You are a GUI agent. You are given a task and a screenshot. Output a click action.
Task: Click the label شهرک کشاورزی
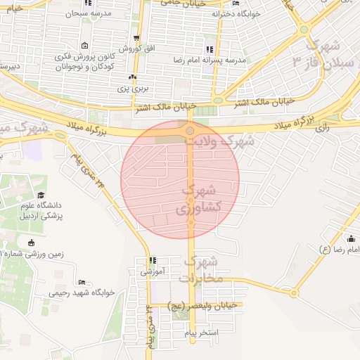201,199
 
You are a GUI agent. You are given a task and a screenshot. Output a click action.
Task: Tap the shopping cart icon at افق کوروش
136,39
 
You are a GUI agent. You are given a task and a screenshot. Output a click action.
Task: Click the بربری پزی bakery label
132,89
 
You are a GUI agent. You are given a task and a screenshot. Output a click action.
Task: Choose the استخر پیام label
219,331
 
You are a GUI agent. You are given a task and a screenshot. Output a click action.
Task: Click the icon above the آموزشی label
153,260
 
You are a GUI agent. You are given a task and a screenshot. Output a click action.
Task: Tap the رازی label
323,128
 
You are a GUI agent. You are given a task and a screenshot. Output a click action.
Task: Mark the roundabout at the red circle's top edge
191,131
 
